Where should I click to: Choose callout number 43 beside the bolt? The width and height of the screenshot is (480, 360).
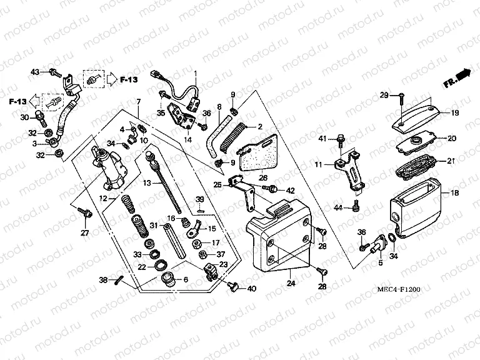tap(35, 72)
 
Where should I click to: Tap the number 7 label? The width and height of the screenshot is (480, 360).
tap(139, 101)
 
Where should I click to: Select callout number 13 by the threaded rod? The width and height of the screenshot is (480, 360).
tap(147, 184)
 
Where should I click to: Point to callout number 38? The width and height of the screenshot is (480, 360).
tap(104, 280)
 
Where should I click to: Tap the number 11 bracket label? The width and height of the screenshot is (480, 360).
tap(319, 165)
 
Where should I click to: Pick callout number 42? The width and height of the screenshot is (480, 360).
tap(290, 190)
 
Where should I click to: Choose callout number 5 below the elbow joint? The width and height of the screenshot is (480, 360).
tap(379, 264)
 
